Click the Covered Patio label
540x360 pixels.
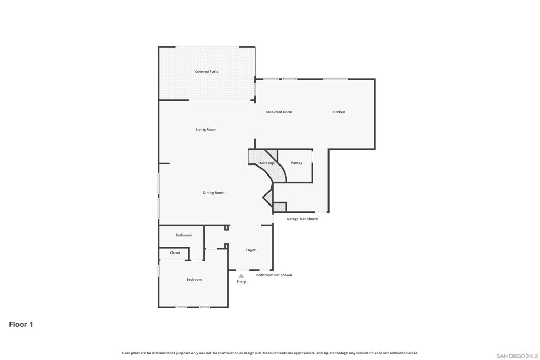(207, 72)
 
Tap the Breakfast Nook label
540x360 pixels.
(278, 112)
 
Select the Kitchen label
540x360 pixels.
(339, 112)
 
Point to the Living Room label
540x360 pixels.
(206, 130)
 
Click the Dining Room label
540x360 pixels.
(214, 193)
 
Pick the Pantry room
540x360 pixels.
(295, 166)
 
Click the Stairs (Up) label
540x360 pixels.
(266, 163)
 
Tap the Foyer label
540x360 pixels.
(250, 250)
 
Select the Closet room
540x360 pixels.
(174, 254)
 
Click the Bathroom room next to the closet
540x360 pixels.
(181, 237)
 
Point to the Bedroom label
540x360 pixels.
(194, 280)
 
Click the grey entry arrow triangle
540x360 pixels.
(242, 276)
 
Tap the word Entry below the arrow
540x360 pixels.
(241, 282)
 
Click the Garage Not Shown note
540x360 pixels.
(302, 219)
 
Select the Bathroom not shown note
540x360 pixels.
(274, 275)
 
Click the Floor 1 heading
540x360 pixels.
(21, 324)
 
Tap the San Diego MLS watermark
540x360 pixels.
(517, 356)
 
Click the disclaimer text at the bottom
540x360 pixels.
(270, 353)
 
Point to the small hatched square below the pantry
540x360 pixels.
(279, 207)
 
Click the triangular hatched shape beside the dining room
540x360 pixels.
(268, 197)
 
